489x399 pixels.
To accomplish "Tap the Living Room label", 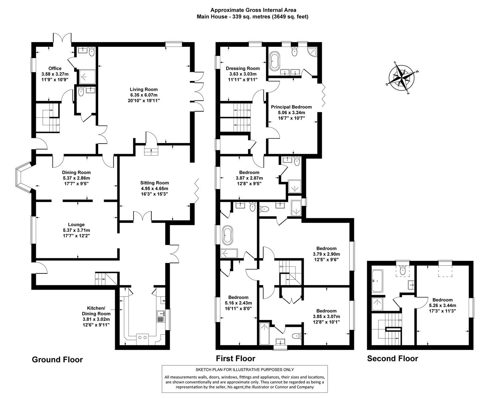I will coord(144,89).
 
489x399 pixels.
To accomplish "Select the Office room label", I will coord(55,68).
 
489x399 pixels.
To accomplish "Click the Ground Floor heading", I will coord(57,359).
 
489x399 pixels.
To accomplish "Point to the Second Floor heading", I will coord(392,358).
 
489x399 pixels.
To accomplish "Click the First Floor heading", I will coord(235,358).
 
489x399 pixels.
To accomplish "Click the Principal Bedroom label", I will coord(292,107).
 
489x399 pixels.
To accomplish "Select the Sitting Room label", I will coord(154,183).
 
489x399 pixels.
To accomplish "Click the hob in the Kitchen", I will coord(142,337).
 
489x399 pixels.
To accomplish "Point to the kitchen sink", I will coord(161,315).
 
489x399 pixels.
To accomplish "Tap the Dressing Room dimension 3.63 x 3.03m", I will coord(242,74).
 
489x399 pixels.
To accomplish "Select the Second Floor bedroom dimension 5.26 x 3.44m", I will coord(442,306).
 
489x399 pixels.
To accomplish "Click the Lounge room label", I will coord(76,225).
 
